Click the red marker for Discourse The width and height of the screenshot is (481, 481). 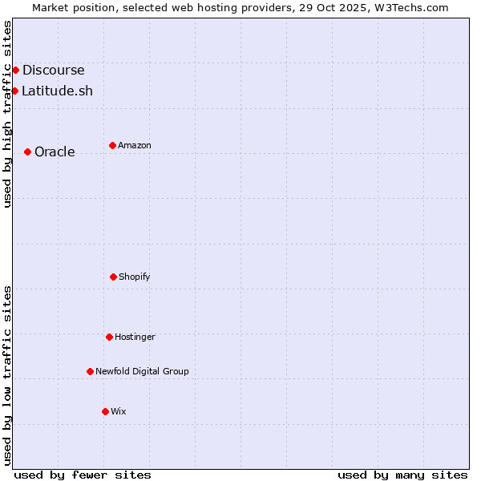[x=15, y=70]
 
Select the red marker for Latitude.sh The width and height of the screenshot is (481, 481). [x=14, y=91]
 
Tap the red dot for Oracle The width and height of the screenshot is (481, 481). [x=27, y=152]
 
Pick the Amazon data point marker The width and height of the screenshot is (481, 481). [x=112, y=145]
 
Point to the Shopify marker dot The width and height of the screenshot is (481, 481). [x=113, y=277]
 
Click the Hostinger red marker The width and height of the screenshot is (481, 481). [x=109, y=337]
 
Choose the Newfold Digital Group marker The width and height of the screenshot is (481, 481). [x=90, y=371]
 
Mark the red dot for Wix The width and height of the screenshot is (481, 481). [x=105, y=411]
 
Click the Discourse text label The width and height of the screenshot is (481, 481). [x=53, y=71]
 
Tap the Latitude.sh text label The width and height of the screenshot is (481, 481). [x=57, y=91]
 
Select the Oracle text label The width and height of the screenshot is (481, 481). [x=55, y=152]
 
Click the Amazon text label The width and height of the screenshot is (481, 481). [x=135, y=146]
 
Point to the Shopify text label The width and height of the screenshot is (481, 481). [x=135, y=277]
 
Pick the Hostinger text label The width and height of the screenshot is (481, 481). [x=135, y=338]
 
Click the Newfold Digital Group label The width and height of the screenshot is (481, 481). [x=142, y=372]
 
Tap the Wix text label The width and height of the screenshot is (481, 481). [x=119, y=412]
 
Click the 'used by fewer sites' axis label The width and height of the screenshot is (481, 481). [x=83, y=475]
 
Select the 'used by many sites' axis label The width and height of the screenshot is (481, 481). [x=402, y=475]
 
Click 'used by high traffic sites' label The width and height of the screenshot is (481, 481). [x=7, y=114]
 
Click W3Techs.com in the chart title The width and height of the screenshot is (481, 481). [x=407, y=7]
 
